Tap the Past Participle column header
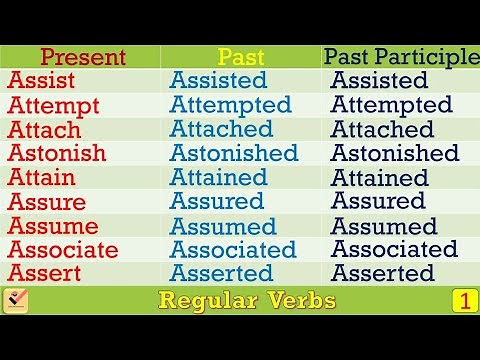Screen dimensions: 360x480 point(401,57)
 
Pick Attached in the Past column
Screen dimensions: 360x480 point(221,129)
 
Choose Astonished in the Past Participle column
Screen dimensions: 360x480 point(395,153)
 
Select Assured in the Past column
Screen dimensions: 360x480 point(216,202)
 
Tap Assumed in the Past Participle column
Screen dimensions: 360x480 point(384,226)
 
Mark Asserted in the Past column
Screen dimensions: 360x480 point(221,274)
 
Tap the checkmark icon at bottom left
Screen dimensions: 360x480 point(16,300)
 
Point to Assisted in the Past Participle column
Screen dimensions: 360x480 point(379,81)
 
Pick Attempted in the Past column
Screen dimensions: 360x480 point(231,105)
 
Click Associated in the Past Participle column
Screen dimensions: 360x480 point(394,250)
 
